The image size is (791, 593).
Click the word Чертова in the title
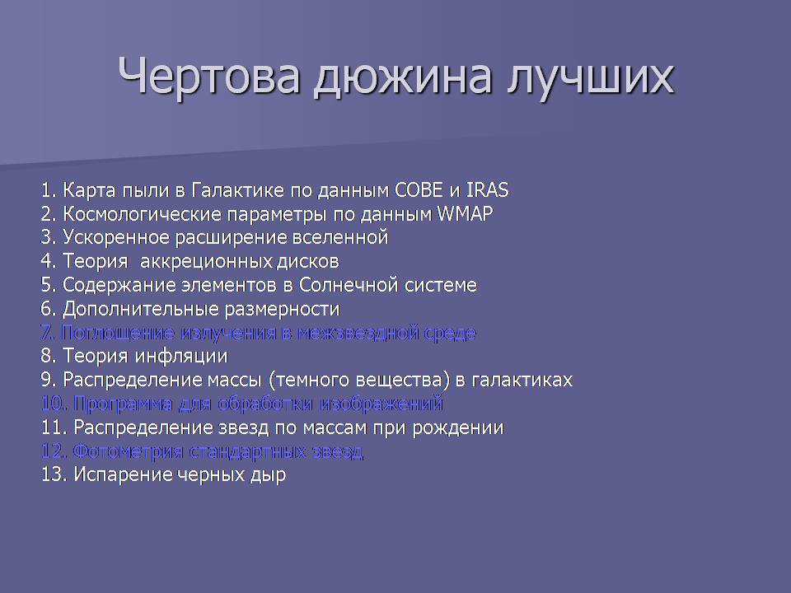coord(209,76)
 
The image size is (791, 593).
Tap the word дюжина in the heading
coord(402,78)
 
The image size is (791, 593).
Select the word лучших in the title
coord(590,79)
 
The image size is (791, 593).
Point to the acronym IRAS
coord(487,190)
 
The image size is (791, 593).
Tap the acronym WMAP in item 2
coord(465,214)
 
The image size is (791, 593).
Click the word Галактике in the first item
coord(238,190)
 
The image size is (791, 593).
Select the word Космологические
coord(142,214)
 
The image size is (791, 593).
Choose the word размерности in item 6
coord(282,309)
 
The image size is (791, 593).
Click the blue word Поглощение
coord(118,333)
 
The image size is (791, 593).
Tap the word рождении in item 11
coord(458,428)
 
